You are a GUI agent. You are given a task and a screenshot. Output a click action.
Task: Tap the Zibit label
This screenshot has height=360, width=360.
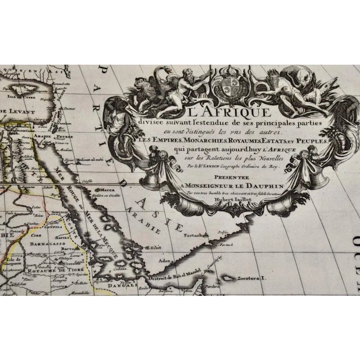151,246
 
